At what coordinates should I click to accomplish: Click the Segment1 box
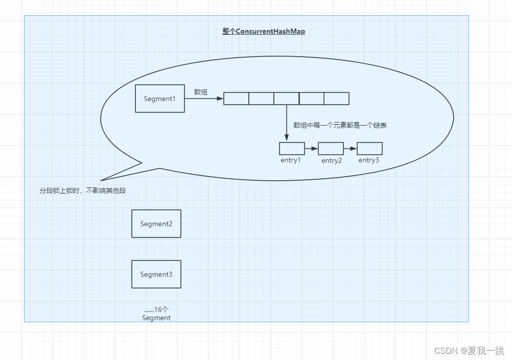[160, 99]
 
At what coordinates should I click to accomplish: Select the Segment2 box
[156, 224]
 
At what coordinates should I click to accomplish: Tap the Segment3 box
[156, 274]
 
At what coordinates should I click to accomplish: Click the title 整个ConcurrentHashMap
[264, 31]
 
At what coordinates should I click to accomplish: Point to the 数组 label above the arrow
[201, 92]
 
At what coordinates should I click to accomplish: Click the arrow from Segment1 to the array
[204, 98]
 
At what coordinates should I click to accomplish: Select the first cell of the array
[236, 99]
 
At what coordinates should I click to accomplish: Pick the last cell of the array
[337, 99]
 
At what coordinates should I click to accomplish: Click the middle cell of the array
[286, 99]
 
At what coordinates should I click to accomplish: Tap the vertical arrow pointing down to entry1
[287, 123]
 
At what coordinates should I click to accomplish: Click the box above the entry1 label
[292, 149]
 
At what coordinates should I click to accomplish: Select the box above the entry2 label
[331, 149]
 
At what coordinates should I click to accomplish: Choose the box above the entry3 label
[369, 149]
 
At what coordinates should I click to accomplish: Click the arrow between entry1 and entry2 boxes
[312, 149]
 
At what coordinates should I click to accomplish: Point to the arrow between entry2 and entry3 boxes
[351, 149]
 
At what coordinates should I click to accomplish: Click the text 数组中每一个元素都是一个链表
[340, 125]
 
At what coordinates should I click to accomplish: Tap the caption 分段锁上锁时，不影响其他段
[83, 190]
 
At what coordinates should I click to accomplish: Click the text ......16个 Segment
[156, 314]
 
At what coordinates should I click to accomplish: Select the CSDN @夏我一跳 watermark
[470, 350]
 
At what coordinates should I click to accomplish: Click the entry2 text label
[332, 160]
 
